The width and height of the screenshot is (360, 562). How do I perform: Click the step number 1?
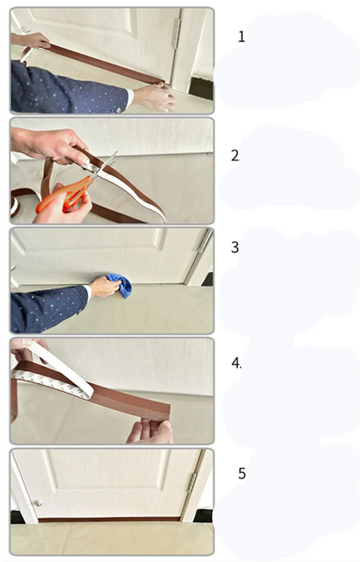tap(242, 37)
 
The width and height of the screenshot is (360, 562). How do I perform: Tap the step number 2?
tap(235, 156)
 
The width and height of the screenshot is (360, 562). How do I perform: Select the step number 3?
tap(235, 247)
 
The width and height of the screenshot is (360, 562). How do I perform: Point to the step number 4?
tap(236, 363)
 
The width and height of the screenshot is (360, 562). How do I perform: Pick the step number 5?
tap(242, 473)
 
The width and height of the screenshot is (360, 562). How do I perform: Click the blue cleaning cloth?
tap(118, 286)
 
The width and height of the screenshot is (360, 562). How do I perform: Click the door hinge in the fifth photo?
tap(192, 483)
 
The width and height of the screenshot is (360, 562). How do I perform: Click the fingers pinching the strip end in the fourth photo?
tap(150, 430)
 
